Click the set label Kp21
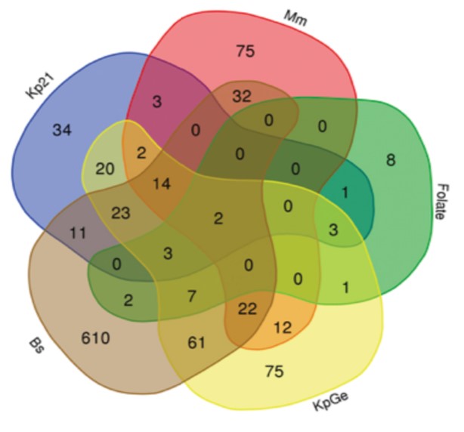pyautogui.click(x=40, y=86)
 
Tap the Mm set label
pyautogui.click(x=295, y=18)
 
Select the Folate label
pyautogui.click(x=443, y=202)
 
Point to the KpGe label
pyautogui.click(x=331, y=400)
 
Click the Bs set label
pyautogui.click(x=37, y=346)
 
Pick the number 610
pyautogui.click(x=95, y=338)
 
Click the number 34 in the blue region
pyautogui.click(x=62, y=130)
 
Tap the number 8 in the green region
pyautogui.click(x=391, y=160)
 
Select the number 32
pyautogui.click(x=242, y=97)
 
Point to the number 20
pyautogui.click(x=105, y=169)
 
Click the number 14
pyautogui.click(x=162, y=184)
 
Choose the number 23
pyautogui.click(x=120, y=213)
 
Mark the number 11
pyautogui.click(x=78, y=233)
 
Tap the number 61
pyautogui.click(x=196, y=343)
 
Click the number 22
pyautogui.click(x=247, y=309)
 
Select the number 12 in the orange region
pyautogui.click(x=283, y=328)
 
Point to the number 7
pyautogui.click(x=192, y=296)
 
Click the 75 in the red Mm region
pyautogui.click(x=246, y=51)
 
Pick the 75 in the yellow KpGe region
pyautogui.click(x=274, y=371)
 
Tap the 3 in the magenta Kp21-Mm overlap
pyautogui.click(x=157, y=102)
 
